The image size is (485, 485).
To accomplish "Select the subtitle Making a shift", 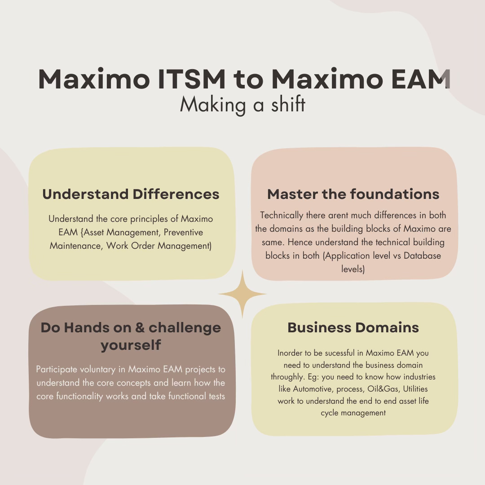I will click(x=242, y=105).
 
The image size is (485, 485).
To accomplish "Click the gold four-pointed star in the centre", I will click(x=242, y=294).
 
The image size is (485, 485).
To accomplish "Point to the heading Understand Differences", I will click(x=131, y=194).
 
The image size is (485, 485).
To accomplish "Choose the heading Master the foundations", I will click(x=353, y=194).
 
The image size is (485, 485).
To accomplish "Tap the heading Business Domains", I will click(x=353, y=327).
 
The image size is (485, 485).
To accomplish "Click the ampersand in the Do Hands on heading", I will click(x=139, y=327).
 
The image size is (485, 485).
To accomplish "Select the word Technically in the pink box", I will click(x=282, y=216).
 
